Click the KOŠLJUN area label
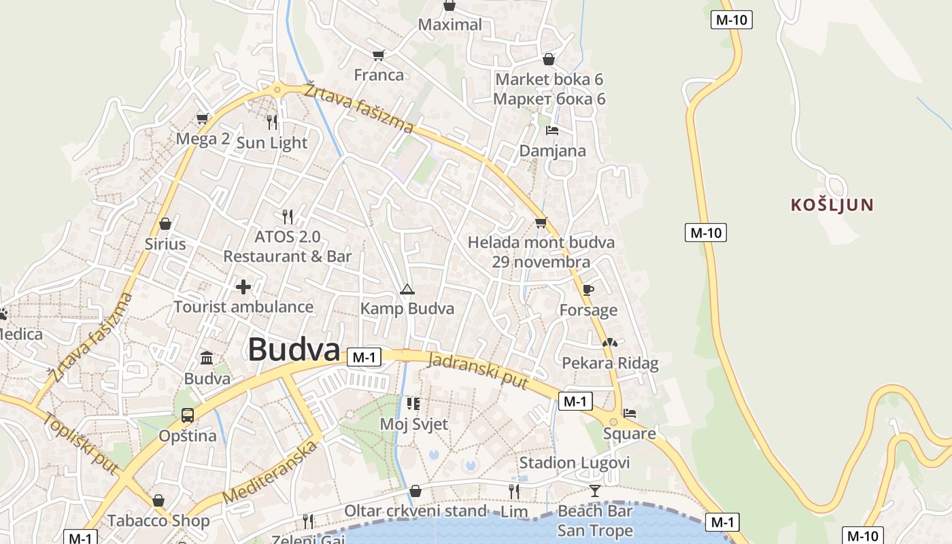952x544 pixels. click(x=832, y=205)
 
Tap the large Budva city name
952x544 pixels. click(x=294, y=350)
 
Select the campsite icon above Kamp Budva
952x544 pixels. click(x=407, y=290)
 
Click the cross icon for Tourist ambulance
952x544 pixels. click(x=243, y=287)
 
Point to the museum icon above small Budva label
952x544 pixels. click(x=207, y=358)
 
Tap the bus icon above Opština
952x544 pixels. click(x=187, y=415)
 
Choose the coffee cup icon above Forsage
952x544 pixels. click(x=588, y=290)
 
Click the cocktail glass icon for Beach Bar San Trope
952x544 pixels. click(x=595, y=491)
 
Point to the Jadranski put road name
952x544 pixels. click(x=477, y=371)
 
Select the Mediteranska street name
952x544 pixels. click(x=270, y=472)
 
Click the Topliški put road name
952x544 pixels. click(x=81, y=442)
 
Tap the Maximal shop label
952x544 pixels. click(x=449, y=25)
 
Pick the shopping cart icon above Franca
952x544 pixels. click(x=379, y=55)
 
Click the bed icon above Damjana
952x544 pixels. click(x=552, y=131)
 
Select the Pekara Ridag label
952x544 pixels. click(x=610, y=363)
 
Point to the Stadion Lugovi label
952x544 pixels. click(x=575, y=463)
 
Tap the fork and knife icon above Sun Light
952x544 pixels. click(x=272, y=122)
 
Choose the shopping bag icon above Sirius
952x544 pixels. click(x=165, y=224)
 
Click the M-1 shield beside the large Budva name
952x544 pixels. click(x=364, y=357)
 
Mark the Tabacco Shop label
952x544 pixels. click(x=158, y=521)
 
